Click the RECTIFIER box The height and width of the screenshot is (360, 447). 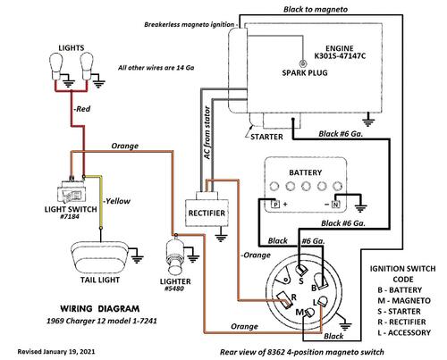(x=207, y=213)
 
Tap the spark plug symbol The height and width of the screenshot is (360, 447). (x=303, y=63)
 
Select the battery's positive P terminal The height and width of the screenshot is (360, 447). (x=275, y=205)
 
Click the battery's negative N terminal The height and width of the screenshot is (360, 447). (x=335, y=205)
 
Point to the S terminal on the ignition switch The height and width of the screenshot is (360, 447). (x=301, y=270)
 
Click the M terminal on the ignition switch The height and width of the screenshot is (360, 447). (x=308, y=313)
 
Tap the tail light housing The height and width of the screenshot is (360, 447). (x=99, y=256)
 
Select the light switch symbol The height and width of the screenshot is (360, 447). (x=71, y=191)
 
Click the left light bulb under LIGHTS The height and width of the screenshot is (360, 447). (x=56, y=66)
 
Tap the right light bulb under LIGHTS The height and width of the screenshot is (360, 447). (x=87, y=66)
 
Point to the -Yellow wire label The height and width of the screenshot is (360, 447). (x=116, y=201)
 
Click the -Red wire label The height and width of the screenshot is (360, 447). (x=82, y=109)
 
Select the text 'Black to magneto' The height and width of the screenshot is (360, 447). (x=316, y=9)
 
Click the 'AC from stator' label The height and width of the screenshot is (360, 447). (x=207, y=133)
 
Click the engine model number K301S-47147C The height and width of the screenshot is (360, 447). (x=340, y=56)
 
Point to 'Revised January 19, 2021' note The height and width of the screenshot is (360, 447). (x=56, y=352)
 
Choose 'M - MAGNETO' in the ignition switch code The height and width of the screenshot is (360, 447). (x=404, y=300)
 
